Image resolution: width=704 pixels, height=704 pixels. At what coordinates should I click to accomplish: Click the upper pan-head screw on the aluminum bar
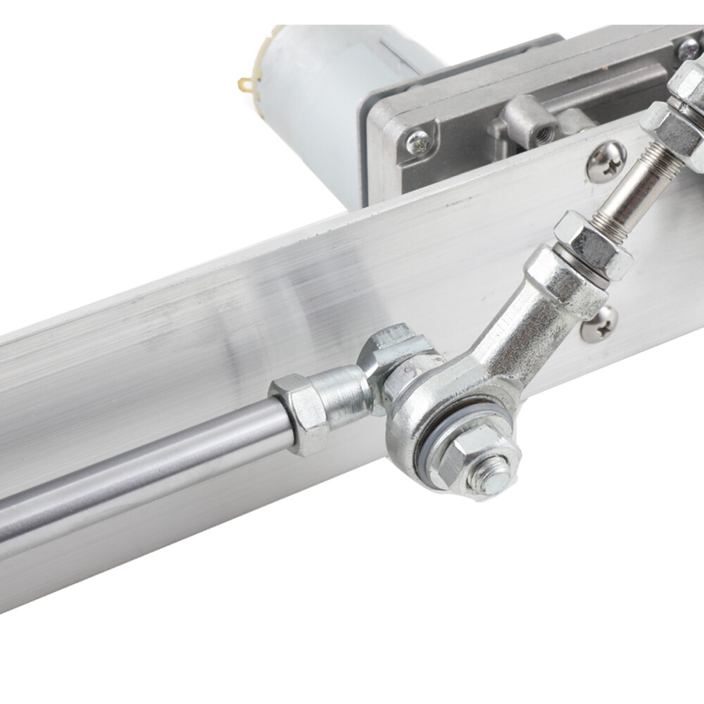[x=606, y=161]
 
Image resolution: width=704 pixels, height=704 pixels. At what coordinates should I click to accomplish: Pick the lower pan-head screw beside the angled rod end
[x=598, y=325]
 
